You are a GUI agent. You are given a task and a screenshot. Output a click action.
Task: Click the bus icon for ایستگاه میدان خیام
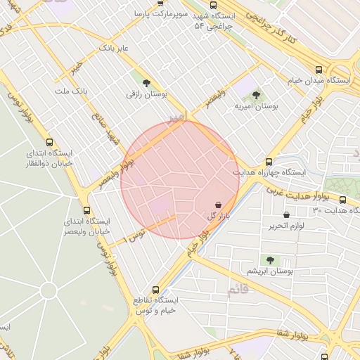point(319,70)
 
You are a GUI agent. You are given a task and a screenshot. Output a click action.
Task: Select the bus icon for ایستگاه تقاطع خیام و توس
point(155,289)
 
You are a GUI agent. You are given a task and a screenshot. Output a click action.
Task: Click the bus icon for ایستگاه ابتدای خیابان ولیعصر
point(86,210)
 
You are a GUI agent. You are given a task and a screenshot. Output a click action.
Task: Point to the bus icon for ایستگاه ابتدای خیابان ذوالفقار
point(49,141)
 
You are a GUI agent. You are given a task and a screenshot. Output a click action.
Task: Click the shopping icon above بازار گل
point(218,204)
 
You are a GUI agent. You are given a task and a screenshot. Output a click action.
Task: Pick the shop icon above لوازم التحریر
point(286,214)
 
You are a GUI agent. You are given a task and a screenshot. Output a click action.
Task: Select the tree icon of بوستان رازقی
point(146,82)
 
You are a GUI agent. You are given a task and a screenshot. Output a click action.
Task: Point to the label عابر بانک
point(113,48)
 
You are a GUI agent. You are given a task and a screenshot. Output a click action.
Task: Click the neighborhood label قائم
point(238,290)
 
